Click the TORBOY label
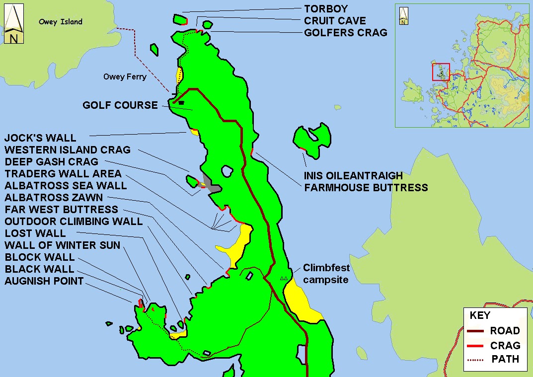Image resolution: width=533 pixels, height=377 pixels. (x=326, y=9)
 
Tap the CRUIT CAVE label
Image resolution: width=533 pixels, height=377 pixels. (x=335, y=21)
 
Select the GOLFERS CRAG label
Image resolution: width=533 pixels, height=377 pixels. (x=345, y=33)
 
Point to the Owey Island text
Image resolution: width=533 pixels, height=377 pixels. (x=61, y=22)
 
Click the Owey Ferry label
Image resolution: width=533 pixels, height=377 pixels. (x=125, y=77)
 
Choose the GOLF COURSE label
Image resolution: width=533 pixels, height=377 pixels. (x=120, y=105)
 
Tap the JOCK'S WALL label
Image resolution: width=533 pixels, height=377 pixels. (x=40, y=138)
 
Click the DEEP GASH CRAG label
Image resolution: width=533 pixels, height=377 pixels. (x=51, y=162)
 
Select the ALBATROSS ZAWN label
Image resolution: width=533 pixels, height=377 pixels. (x=54, y=198)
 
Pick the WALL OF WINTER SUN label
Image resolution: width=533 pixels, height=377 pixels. (x=63, y=245)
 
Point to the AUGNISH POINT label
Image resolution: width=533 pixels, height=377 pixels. (x=44, y=281)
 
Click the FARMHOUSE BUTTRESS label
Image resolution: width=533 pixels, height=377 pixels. (x=366, y=188)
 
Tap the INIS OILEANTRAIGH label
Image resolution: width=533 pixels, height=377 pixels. (x=353, y=176)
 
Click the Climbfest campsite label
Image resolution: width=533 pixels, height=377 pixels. (x=326, y=274)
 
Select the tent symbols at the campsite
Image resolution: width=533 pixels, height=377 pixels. (x=284, y=278)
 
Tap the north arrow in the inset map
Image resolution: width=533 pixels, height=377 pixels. (x=403, y=16)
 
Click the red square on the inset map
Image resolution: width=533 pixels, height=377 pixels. (x=441, y=72)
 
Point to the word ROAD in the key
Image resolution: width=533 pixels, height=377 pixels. (x=505, y=331)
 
